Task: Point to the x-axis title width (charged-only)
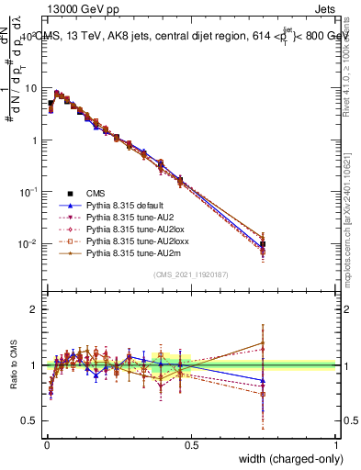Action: (x=286, y=458)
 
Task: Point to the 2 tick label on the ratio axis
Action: (x=34, y=309)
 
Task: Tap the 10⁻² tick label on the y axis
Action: (x=29, y=244)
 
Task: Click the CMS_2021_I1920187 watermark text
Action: (x=191, y=274)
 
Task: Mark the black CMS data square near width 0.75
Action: (x=263, y=245)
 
